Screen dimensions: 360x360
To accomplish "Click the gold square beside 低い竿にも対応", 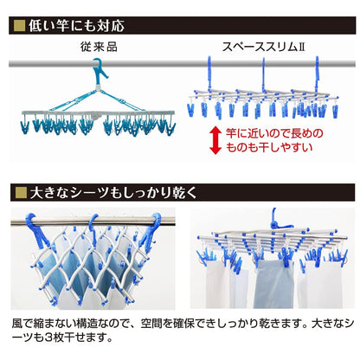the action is [x=20, y=26].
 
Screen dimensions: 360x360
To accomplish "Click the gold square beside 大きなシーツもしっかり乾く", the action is [x=21, y=192].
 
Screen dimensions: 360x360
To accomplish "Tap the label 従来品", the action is [x=99, y=47].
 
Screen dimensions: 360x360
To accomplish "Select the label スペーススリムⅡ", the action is [x=263, y=47].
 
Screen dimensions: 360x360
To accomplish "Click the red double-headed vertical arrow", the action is [x=215, y=140].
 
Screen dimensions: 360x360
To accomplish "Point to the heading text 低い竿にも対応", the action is [x=76, y=26].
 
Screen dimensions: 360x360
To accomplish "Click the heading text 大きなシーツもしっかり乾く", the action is [x=113, y=192].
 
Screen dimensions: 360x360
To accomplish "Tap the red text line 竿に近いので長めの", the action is [x=274, y=133].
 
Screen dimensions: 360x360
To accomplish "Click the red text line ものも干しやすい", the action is [x=269, y=148].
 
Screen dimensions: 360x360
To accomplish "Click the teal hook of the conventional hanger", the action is [x=99, y=71].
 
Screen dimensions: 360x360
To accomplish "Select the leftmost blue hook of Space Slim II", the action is [x=209, y=72].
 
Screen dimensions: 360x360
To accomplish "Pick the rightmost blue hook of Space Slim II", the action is [x=317, y=72].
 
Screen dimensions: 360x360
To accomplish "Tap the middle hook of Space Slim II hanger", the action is [x=263, y=73].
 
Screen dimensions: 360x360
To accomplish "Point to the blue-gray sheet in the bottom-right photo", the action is [x=273, y=283].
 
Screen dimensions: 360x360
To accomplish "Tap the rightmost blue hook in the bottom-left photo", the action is [x=151, y=228].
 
